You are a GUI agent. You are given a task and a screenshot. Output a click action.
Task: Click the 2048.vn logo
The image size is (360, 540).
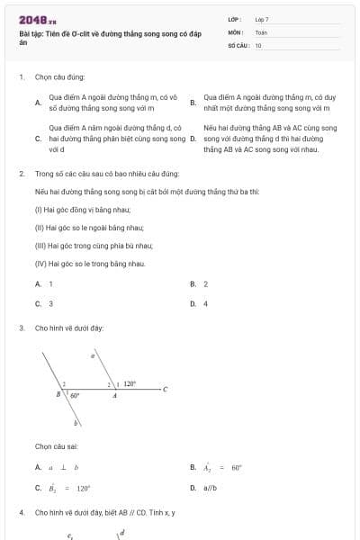coord(37,20)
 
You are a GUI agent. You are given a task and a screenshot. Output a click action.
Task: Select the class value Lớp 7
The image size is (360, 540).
coord(262,18)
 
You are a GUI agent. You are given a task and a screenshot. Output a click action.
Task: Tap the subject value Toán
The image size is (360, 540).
coord(261,31)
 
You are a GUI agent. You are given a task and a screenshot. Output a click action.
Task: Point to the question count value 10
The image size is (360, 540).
coord(258,44)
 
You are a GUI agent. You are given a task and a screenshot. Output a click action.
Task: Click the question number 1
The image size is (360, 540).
coord(21,77)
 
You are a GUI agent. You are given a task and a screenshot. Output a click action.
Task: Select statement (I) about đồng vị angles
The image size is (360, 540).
coord(82,208)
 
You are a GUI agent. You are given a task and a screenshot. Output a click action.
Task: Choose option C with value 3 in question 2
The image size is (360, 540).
coord(44,303)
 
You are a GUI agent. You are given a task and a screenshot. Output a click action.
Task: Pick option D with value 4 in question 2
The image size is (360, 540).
coord(199,303)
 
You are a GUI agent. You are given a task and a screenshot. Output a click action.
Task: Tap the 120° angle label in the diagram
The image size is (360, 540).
coord(130,383)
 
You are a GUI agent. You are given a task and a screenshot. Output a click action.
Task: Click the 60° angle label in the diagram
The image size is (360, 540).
coord(76,395)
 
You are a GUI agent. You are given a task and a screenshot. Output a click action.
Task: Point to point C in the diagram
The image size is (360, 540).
coord(165,390)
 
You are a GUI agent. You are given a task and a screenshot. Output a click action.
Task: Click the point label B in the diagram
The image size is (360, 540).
coord(58,394)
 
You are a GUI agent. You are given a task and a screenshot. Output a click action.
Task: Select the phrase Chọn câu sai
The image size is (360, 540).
coord(56,445)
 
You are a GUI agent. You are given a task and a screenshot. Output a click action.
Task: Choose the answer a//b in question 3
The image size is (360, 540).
coord(211,488)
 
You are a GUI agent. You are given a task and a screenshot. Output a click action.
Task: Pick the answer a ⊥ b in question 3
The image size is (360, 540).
coord(64,467)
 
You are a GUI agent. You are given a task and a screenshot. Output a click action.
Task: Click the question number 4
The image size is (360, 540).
coord(21,512)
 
